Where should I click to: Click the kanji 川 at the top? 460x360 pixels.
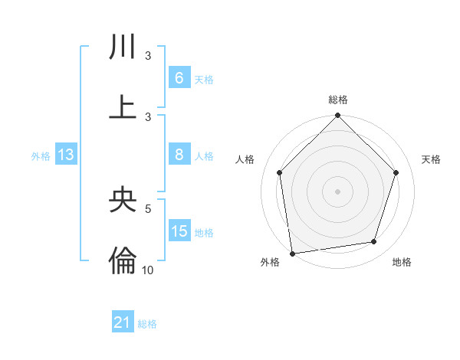(123, 47)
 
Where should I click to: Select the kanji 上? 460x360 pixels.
(123, 106)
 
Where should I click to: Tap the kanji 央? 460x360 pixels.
(123, 200)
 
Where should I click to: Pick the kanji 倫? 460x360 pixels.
(123, 260)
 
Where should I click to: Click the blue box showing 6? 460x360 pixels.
(179, 77)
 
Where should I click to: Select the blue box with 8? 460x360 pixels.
(179, 155)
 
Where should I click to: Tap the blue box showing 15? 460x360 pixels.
(179, 231)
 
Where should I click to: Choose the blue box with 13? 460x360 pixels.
(66, 155)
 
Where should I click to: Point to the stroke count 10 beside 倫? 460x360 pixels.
(147, 270)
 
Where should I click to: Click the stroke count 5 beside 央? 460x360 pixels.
(148, 208)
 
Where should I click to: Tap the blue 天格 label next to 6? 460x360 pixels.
(204, 79)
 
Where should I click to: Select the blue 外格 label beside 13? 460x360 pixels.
(41, 156)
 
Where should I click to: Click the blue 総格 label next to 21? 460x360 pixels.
(147, 324)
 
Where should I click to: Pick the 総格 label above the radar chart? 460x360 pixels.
(338, 100)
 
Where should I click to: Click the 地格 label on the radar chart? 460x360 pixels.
(402, 262)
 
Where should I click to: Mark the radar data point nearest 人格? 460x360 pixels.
(280, 172)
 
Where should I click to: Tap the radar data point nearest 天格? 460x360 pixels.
(396, 172)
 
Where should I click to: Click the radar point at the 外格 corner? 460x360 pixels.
(292, 253)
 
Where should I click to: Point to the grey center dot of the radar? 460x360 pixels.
(338, 191)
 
